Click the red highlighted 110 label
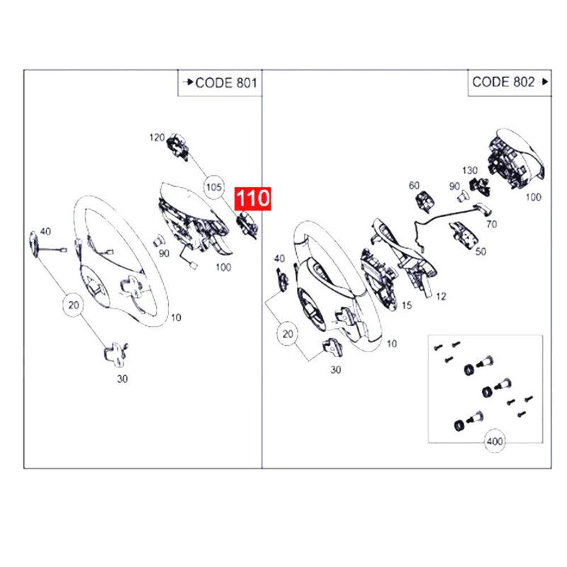tap(253, 198)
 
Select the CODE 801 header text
tap(226, 83)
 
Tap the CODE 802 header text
tap(503, 82)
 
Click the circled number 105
tap(214, 187)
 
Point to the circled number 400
tap(495, 441)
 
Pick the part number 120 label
tap(157, 137)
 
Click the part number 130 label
tap(470, 170)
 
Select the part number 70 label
tap(491, 224)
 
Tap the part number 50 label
tap(481, 252)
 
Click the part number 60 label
tap(414, 186)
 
